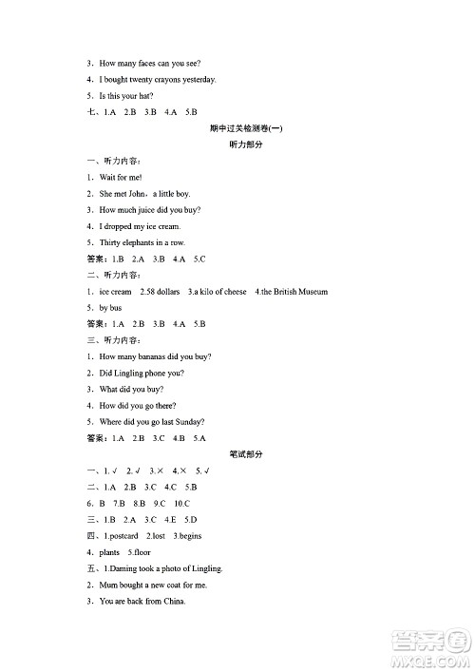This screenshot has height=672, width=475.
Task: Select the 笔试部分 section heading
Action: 246,454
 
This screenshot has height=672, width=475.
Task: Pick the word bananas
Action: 155,356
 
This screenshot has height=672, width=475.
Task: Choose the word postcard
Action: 123,535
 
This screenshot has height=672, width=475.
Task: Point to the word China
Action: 174,601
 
